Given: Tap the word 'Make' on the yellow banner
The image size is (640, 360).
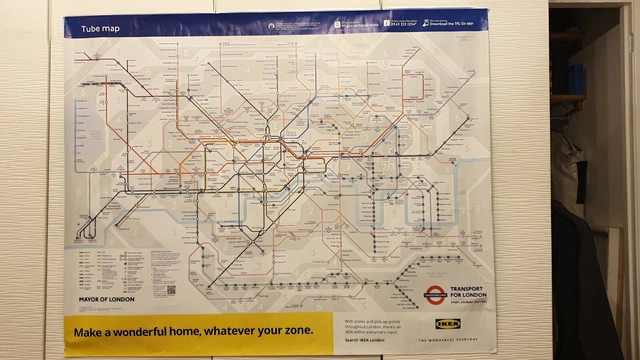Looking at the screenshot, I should (x=92, y=331).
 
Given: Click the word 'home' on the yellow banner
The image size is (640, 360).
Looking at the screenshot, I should (x=180, y=331).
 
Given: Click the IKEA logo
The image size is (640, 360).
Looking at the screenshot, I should (x=450, y=326).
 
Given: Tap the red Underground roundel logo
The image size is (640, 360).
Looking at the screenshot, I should (x=434, y=294).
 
